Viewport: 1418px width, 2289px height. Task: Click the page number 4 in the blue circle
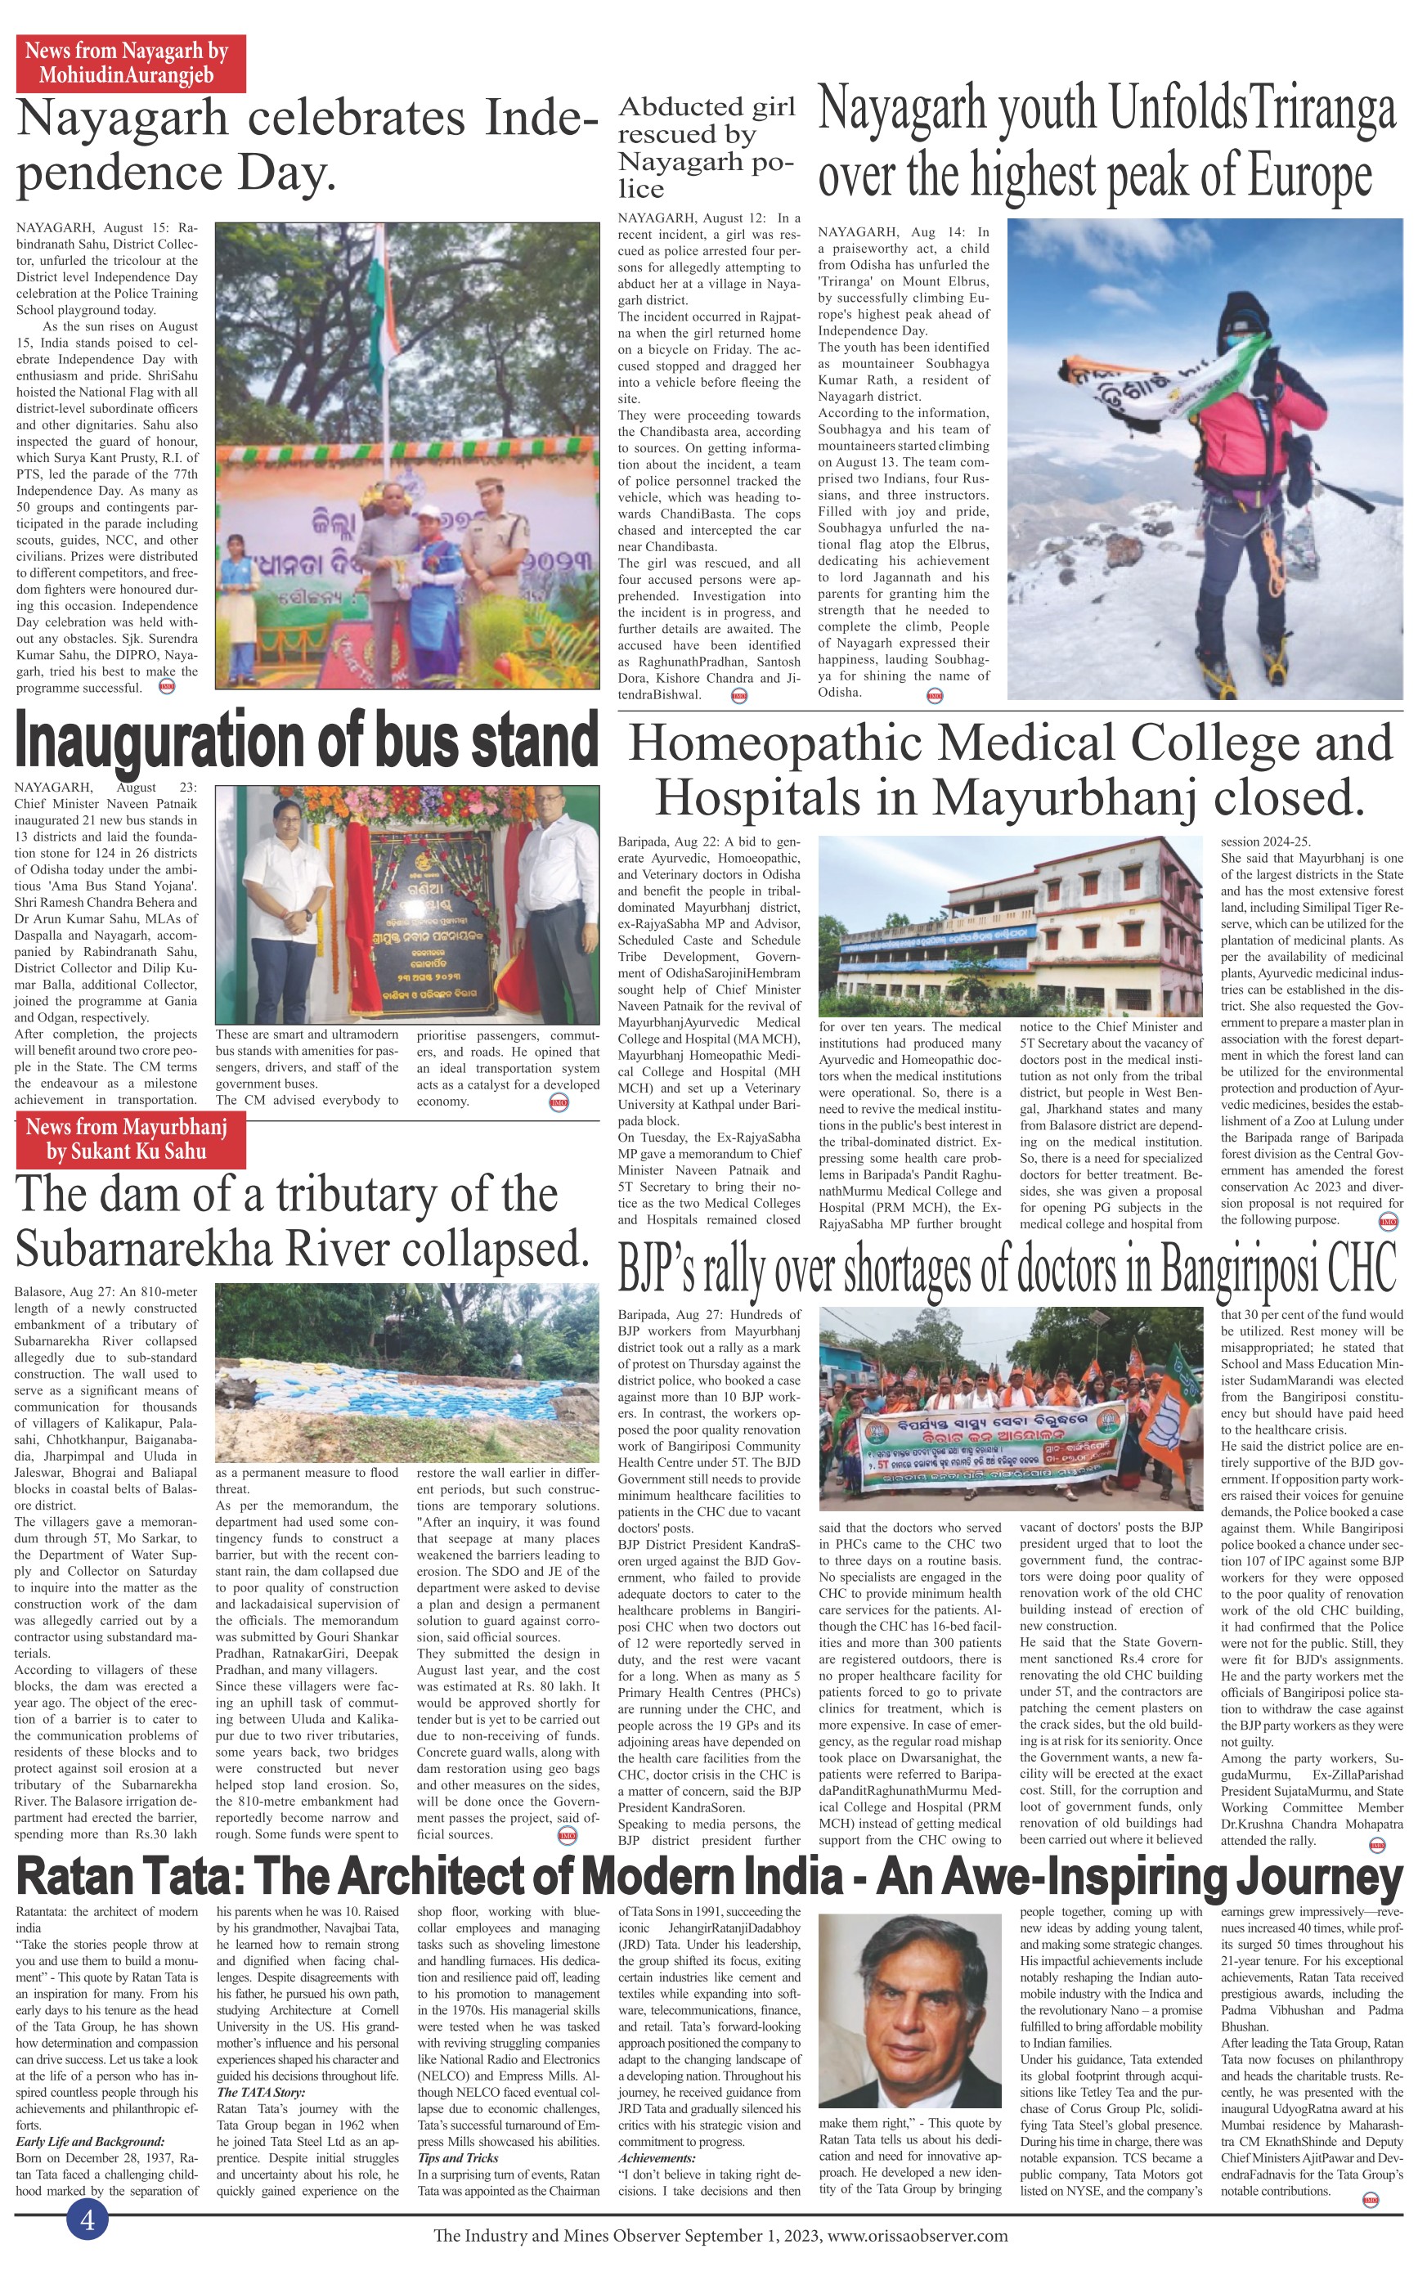click(88, 2219)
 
